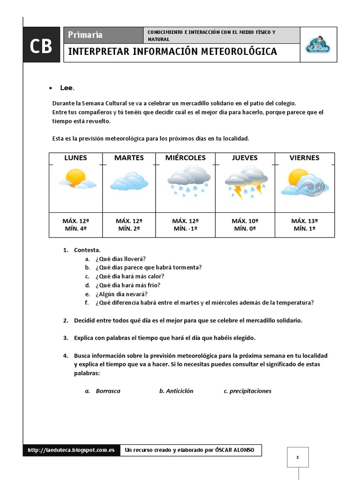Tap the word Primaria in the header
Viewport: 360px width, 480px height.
coord(85,35)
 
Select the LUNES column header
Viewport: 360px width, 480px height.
coord(75,158)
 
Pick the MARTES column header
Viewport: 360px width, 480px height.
coord(129,158)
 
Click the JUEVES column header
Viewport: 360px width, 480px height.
coord(245,158)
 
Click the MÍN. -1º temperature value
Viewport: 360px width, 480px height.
coord(186,229)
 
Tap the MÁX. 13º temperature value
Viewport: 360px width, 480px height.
coord(305,221)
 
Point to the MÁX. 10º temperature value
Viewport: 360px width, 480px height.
coord(245,221)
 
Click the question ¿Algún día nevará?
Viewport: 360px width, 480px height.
coord(121,294)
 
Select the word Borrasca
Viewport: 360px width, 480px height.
coord(108,391)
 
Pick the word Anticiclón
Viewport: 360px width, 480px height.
coord(180,391)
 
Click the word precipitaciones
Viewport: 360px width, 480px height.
coord(250,391)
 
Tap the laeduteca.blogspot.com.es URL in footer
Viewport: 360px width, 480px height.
coord(71,450)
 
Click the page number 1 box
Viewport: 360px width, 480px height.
coord(298,457)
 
